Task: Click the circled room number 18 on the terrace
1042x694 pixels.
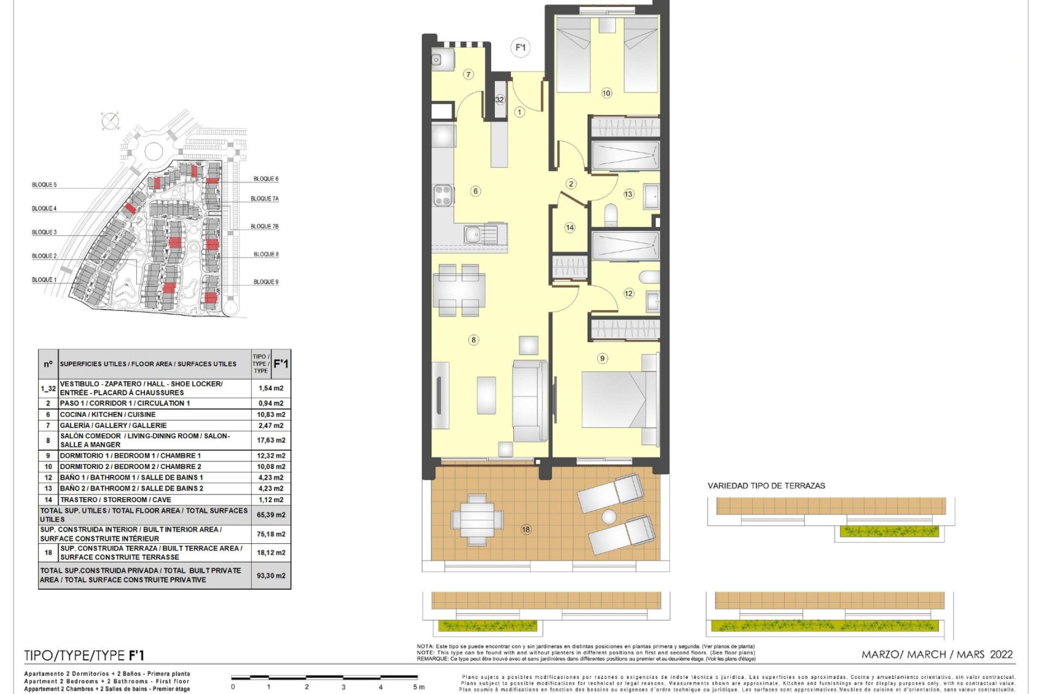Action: [x=525, y=529]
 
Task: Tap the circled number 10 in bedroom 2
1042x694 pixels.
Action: [x=606, y=93]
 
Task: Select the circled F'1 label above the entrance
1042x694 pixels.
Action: [x=520, y=48]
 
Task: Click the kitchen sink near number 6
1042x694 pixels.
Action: [x=480, y=235]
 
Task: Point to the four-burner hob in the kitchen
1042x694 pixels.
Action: [x=443, y=195]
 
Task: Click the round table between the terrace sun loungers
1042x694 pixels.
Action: [x=609, y=516]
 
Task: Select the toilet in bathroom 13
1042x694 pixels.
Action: [x=611, y=215]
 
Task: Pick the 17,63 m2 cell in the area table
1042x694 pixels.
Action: [x=271, y=440]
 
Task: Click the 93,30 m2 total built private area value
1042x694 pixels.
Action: [x=271, y=575]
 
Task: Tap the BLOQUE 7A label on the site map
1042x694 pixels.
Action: [x=264, y=199]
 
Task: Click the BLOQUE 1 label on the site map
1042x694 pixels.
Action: [x=44, y=280]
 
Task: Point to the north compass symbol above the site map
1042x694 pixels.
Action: [x=110, y=121]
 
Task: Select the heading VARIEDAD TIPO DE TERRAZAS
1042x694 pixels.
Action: [x=766, y=486]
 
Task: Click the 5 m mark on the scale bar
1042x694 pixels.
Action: [x=418, y=687]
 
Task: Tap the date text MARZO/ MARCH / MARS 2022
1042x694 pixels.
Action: [x=937, y=654]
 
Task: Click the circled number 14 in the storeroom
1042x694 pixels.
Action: [x=569, y=228]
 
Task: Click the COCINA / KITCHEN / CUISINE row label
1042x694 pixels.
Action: [x=107, y=414]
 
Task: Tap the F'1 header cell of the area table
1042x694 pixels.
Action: [x=281, y=364]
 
